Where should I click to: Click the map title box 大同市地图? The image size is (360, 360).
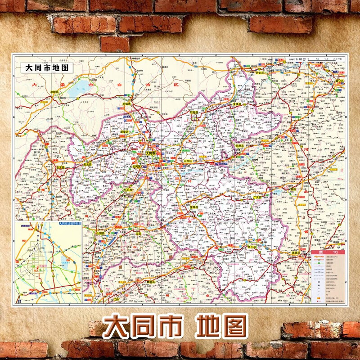47,69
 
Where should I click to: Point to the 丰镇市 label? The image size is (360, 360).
129,103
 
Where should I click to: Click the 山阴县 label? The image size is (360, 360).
100,234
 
